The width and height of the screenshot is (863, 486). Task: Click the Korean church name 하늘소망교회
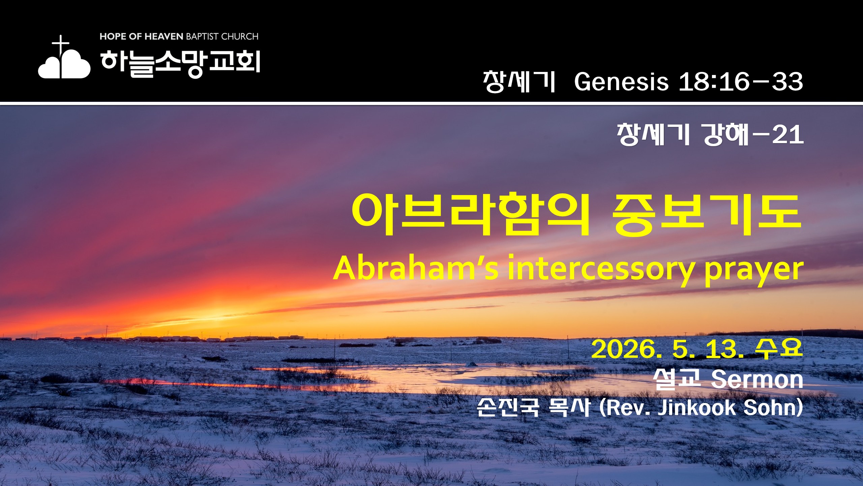[x=180, y=63]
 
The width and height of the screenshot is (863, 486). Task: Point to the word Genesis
[x=621, y=82]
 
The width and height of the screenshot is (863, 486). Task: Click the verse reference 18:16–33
[x=741, y=82]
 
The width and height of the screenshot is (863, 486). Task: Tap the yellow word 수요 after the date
[x=778, y=348]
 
